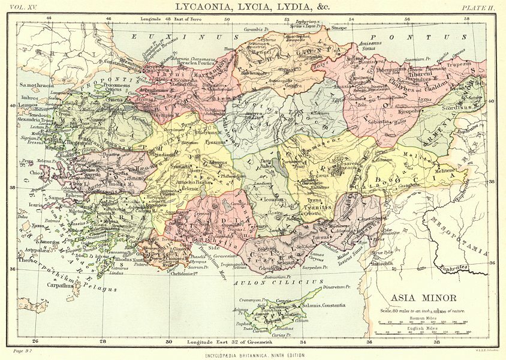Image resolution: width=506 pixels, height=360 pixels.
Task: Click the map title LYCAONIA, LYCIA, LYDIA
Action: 252,7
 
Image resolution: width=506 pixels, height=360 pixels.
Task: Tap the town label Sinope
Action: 339,28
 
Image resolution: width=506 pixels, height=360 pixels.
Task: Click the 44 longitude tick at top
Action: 49,19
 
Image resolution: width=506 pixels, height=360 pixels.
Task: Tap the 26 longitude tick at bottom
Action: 35,342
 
